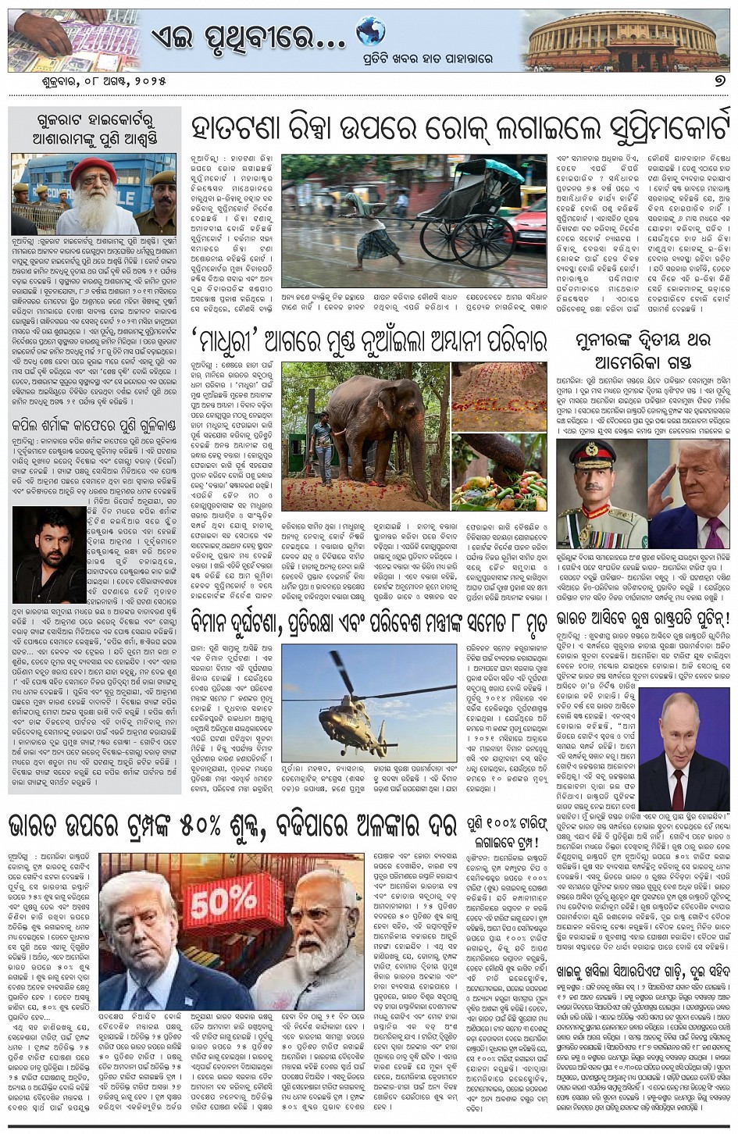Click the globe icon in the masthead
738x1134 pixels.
point(371,32)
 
